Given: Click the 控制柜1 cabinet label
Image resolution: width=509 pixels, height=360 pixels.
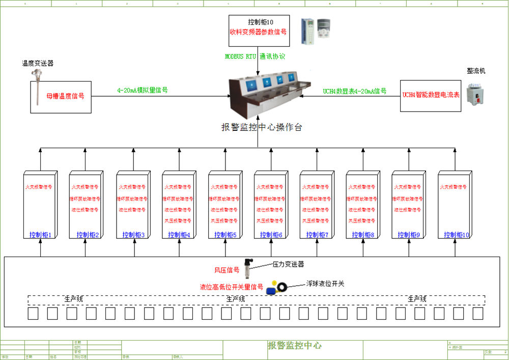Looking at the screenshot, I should coord(41,235).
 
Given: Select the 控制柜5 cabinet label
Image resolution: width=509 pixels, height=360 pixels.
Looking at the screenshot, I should coord(224,235).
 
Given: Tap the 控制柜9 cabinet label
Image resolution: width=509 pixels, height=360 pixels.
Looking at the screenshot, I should coord(408,235).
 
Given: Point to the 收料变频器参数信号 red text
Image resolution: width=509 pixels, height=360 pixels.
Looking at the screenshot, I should coord(258,32).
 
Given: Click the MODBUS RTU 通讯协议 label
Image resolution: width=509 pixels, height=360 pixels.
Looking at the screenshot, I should coord(255,57).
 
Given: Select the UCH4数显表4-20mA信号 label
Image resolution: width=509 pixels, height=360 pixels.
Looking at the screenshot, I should coord(354,92).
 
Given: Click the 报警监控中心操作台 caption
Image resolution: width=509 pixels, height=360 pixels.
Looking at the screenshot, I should coord(262,127).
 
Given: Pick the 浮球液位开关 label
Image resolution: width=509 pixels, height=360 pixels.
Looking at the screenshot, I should coord(325,284).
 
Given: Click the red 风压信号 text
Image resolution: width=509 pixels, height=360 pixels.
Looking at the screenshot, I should coord(227,270).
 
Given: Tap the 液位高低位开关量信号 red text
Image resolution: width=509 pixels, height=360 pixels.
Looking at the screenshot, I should coord(232,287).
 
